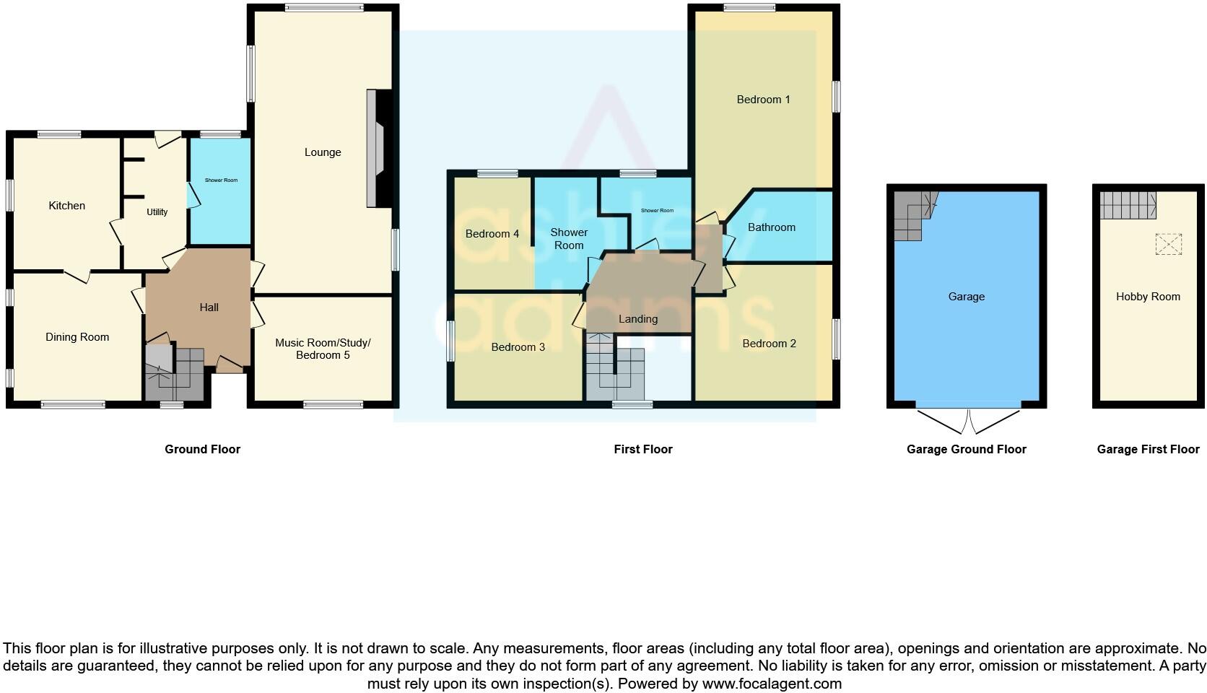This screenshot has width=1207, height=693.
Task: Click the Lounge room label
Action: [x=323, y=152]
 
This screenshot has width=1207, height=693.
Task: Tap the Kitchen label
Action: [x=67, y=206]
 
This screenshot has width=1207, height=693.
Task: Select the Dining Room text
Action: [x=77, y=337]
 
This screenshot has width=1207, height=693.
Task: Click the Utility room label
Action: [x=157, y=212]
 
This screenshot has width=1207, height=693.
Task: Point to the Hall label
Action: [x=209, y=308]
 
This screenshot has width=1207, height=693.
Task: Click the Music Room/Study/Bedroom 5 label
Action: [x=323, y=349]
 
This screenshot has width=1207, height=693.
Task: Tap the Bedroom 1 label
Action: [x=763, y=100]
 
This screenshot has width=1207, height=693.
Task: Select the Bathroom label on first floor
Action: [x=771, y=227]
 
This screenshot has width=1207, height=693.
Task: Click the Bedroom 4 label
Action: [x=492, y=234]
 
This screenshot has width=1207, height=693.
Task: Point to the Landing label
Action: [x=638, y=319]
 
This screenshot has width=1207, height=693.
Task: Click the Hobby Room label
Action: [x=1148, y=297]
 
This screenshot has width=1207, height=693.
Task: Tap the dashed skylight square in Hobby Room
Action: [x=1169, y=244]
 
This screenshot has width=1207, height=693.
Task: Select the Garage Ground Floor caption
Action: [x=966, y=449]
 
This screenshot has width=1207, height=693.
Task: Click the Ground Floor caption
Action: [x=202, y=449]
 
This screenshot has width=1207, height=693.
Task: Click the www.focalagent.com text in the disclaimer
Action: [x=772, y=683]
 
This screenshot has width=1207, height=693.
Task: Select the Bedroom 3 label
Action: [x=518, y=347]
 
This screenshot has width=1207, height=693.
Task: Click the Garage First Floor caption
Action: [x=1148, y=449]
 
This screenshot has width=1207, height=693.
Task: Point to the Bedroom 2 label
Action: [x=769, y=344]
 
